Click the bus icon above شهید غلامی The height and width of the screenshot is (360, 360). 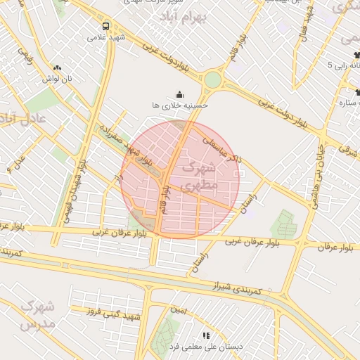coord(105,25)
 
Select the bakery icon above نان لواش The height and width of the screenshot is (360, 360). coord(58,68)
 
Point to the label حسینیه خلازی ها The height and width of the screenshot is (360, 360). coord(180,105)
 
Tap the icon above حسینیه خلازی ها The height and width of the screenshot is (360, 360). coord(179,94)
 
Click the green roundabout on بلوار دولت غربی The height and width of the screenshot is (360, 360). coord(212,79)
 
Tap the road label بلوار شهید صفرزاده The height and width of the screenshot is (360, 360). coord(124,145)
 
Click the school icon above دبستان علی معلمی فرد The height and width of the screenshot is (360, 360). coord(206,336)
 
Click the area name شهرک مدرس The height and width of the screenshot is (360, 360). coord(34,316)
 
